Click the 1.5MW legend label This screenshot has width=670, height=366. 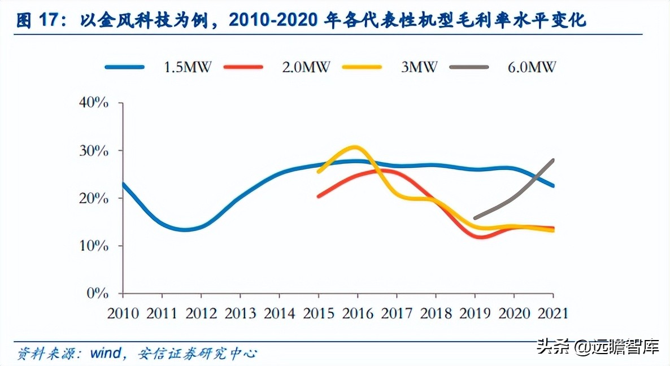point(187,67)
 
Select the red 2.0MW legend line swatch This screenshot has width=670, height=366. point(243,67)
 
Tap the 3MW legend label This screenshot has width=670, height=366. point(419,67)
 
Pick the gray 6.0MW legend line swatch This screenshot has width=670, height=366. point(469,67)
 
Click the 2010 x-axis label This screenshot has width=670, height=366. point(123,312)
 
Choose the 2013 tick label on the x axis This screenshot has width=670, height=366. point(240,312)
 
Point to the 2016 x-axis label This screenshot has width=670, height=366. point(358,312)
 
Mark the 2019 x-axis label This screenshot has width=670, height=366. point(475,312)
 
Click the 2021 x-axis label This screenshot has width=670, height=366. point(552,312)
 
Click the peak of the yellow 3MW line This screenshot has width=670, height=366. point(354,147)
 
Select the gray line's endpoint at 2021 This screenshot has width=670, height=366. point(553,160)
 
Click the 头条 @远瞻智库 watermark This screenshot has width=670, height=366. point(598,345)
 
